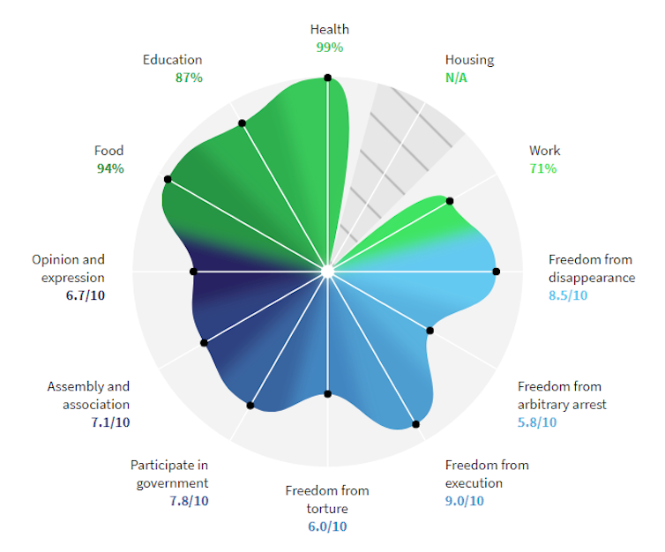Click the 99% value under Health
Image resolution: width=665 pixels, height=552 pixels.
tap(330, 47)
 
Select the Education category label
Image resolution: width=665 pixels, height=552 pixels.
tap(172, 60)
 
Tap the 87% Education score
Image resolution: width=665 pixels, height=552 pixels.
tap(189, 78)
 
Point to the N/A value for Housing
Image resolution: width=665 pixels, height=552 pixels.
tap(458, 78)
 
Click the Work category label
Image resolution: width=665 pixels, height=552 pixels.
tap(544, 151)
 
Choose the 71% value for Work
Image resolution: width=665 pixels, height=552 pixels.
tap(542, 168)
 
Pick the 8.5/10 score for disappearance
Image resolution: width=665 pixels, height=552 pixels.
tap(567, 295)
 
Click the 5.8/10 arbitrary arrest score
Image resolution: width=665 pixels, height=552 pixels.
tap(536, 422)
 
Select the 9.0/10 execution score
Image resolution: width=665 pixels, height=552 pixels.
tap(464, 501)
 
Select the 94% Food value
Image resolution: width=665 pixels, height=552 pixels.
tap(110, 168)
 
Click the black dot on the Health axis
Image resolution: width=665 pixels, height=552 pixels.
tap(328, 78)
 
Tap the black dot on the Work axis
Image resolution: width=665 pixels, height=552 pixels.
tap(451, 201)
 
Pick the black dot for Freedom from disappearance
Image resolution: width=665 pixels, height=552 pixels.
tap(495, 272)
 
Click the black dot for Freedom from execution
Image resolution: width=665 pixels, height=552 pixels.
tap(416, 425)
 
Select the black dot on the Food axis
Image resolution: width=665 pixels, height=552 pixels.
tap(167, 180)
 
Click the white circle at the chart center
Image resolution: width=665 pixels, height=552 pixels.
tap(328, 272)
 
